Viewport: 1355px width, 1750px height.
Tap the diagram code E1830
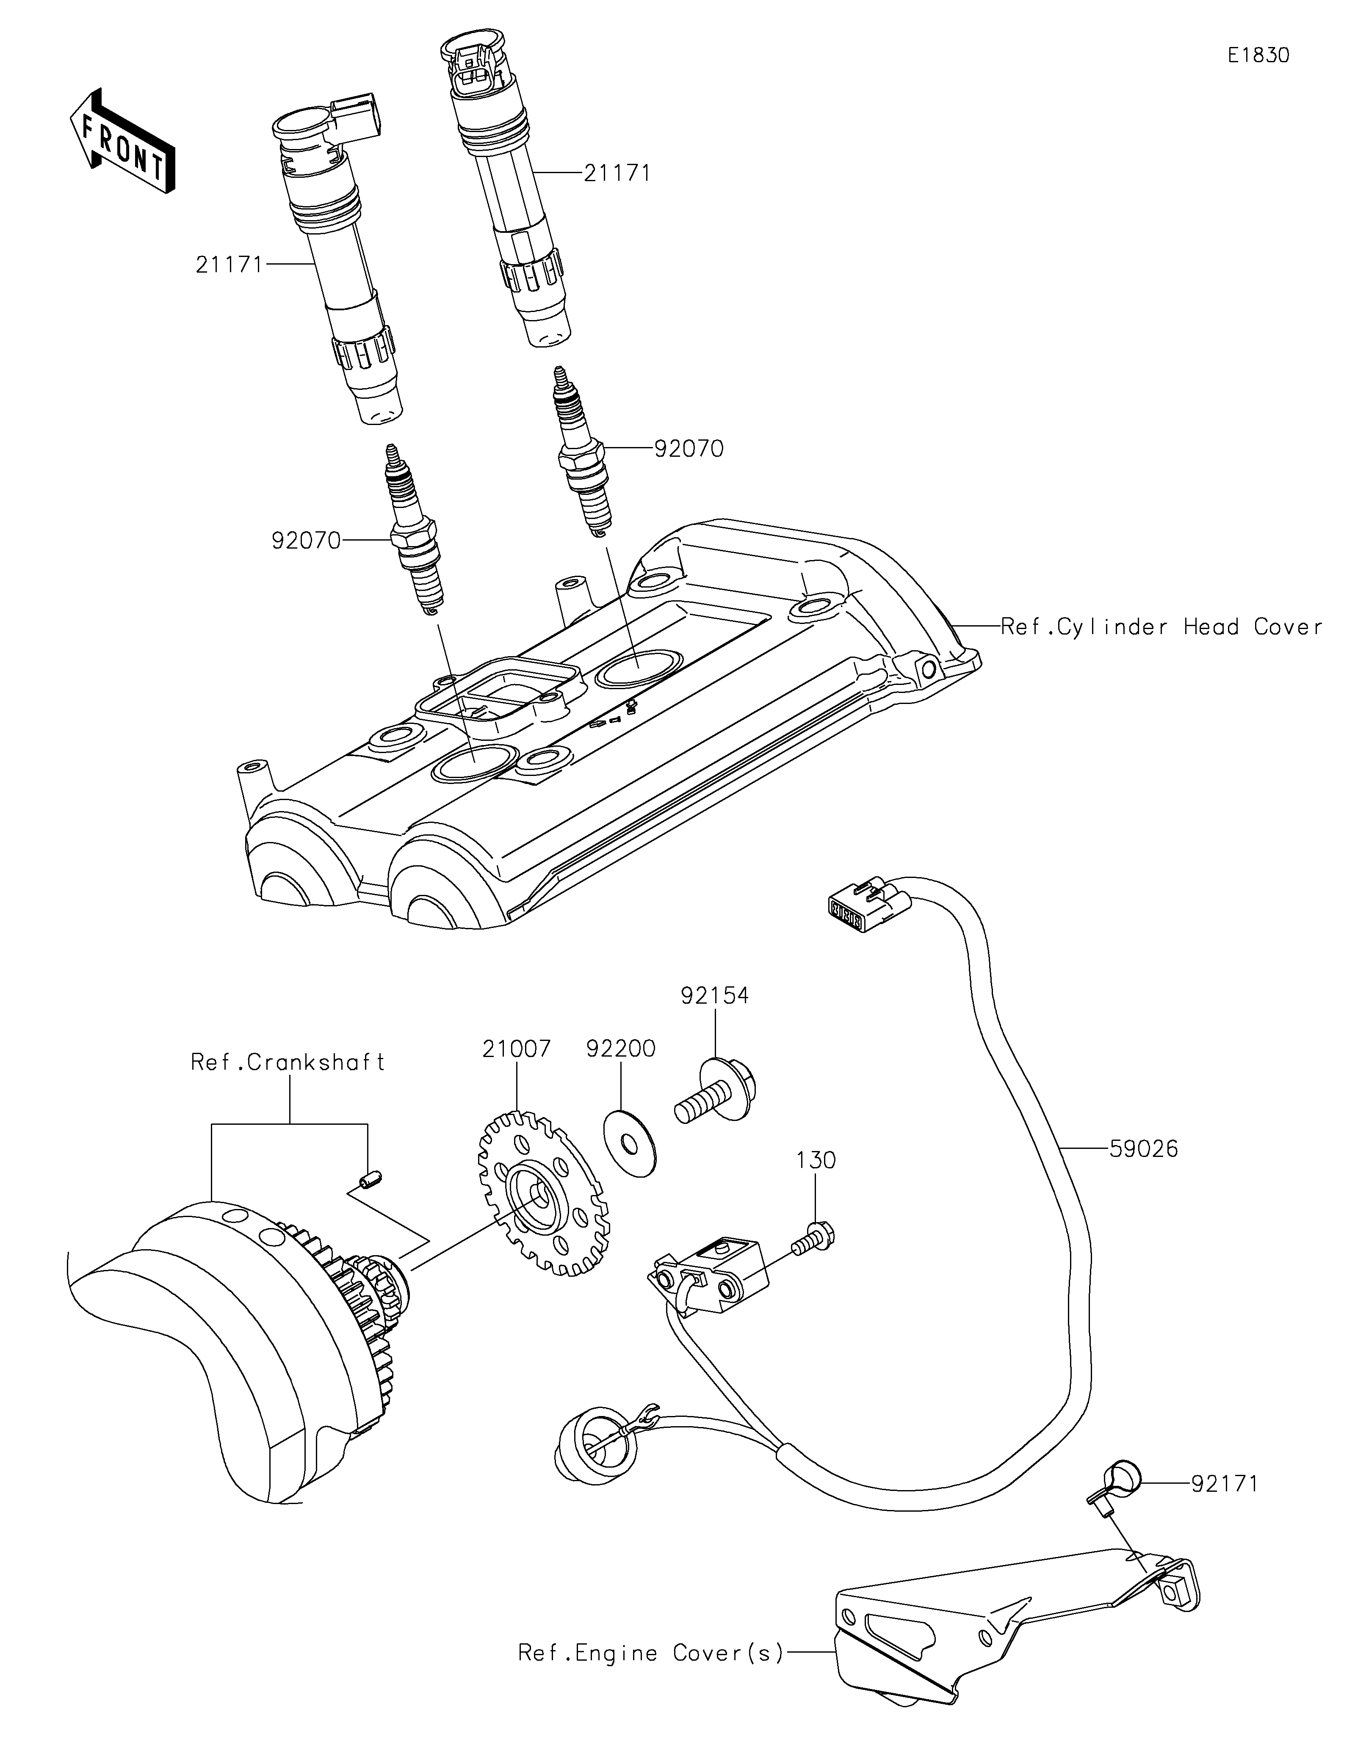tap(1258, 55)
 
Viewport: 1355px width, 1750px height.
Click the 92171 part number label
tap(1225, 1484)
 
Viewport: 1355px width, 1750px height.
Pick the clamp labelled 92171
tap(1116, 1491)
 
